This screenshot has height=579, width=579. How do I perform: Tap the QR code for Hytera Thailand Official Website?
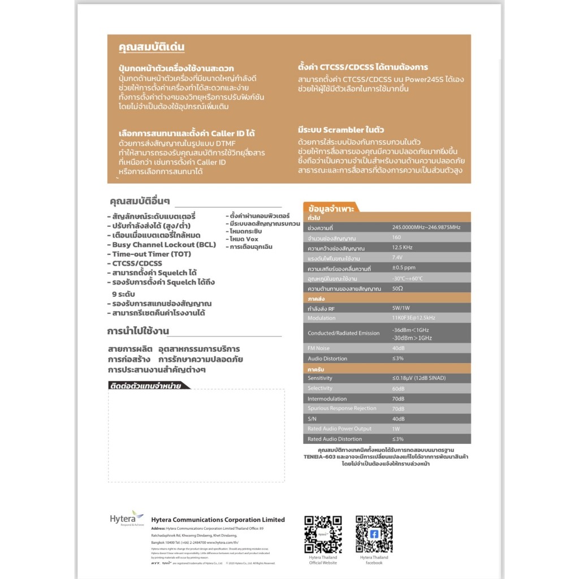(323, 534)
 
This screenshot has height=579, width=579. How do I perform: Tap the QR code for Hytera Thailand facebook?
(374, 534)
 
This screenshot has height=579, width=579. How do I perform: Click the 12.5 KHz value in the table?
(402, 248)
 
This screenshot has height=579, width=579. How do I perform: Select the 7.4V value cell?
(397, 258)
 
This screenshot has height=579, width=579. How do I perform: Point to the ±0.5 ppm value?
(404, 268)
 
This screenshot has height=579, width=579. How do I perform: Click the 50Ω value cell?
(397, 288)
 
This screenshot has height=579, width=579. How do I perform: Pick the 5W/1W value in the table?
(402, 308)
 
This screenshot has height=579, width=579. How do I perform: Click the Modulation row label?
(322, 318)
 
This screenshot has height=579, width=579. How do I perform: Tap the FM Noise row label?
(319, 348)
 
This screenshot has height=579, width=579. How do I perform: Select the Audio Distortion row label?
(327, 358)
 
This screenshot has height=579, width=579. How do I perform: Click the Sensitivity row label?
(320, 378)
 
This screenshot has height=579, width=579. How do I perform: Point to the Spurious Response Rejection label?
(342, 408)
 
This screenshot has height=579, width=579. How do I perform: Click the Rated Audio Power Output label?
(339, 429)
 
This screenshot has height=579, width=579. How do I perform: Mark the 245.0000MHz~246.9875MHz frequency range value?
(426, 227)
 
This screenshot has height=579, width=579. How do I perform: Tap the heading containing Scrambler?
(342, 129)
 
